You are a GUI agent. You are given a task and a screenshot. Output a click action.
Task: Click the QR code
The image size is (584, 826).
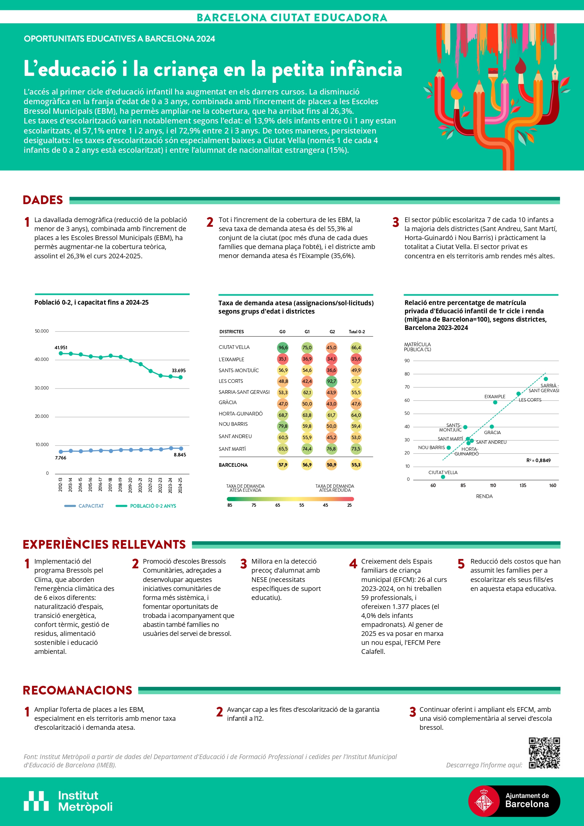coord(544,753)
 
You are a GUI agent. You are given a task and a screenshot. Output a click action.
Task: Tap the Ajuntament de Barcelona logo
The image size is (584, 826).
coord(514,801)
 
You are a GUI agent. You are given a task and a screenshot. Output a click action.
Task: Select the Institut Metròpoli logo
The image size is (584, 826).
coord(68,801)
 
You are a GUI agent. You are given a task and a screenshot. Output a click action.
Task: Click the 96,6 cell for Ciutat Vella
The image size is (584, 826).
coord(283,348)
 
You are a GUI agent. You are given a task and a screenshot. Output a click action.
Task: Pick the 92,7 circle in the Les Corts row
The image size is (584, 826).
coord(331,381)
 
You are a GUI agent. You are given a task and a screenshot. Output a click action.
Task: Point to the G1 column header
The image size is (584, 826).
coord(307,332)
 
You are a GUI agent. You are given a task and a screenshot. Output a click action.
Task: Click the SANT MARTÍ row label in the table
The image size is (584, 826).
coord(232,449)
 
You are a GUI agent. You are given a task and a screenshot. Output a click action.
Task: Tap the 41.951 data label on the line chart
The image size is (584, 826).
coord(61,348)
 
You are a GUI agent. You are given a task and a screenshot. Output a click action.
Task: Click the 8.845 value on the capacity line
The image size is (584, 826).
coord(180,455)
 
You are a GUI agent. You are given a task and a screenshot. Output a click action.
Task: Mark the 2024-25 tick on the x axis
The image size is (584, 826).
coord(180,485)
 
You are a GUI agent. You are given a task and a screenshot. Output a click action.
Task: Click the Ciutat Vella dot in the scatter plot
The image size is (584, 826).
coord(443,477)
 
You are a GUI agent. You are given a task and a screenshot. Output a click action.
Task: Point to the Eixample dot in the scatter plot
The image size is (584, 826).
coord(495,402)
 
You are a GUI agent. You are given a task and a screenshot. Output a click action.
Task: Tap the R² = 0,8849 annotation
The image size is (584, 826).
coord(538,460)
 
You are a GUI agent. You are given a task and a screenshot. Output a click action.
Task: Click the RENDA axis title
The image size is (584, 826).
coord(484,496)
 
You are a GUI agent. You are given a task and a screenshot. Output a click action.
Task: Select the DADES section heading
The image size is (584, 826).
coord(43,200)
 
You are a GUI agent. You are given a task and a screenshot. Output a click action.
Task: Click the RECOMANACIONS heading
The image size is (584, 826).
coord(77,690)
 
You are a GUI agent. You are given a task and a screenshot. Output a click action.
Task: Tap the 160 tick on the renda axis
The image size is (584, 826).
coord(553,485)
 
